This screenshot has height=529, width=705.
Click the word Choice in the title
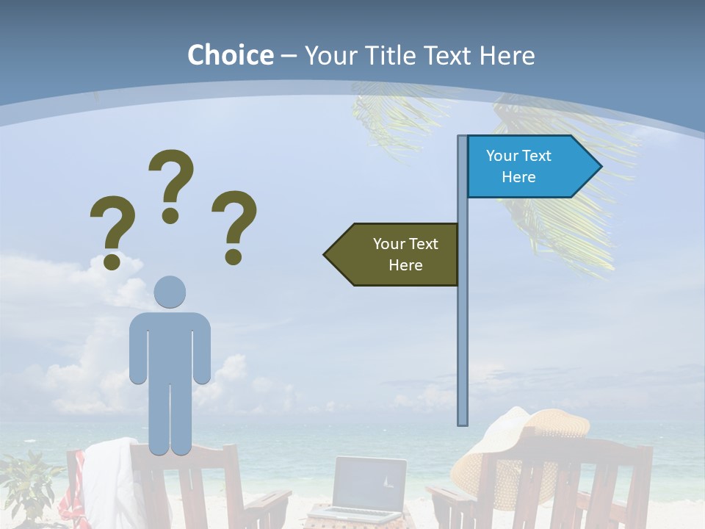tap(230, 55)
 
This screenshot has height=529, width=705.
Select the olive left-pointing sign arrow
tap(394, 254)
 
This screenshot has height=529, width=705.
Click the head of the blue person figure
tap(170, 292)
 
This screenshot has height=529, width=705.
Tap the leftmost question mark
tap(112, 232)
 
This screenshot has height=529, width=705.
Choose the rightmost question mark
tap(234, 226)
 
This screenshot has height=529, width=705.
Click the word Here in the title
tap(507, 55)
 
